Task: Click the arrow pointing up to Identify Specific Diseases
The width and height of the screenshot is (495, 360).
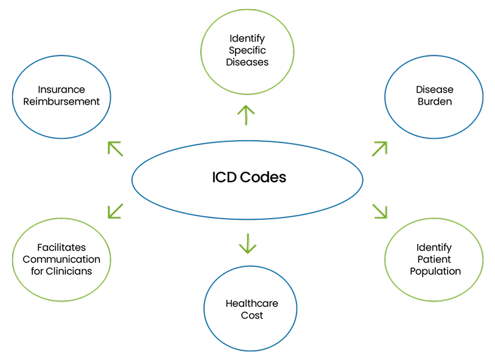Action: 246,115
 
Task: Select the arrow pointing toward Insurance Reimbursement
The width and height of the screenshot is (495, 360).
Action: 115,149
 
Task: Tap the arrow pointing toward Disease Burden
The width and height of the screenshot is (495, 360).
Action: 379,149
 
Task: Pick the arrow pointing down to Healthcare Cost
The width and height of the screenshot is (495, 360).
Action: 248,244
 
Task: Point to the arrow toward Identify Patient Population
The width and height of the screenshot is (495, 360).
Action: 379,211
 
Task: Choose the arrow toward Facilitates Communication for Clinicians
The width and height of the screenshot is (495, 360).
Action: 115,211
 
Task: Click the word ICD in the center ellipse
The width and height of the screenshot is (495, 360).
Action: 224,177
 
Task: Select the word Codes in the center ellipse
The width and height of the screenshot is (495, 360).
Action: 263,177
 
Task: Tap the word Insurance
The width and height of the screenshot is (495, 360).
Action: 61,90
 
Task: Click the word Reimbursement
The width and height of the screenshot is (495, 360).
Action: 61,102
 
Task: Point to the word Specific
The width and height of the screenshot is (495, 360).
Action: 247,51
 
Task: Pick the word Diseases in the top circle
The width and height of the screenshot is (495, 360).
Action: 247,62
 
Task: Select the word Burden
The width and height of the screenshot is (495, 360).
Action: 435,102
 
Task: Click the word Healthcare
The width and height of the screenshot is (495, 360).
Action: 252,303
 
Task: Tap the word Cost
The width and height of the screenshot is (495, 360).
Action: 252,316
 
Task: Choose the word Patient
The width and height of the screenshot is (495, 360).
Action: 434,259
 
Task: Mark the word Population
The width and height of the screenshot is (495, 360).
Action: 435,272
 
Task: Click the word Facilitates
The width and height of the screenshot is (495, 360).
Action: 61,247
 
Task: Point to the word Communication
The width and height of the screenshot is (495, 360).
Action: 61,259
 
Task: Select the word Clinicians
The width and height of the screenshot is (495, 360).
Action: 69,271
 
